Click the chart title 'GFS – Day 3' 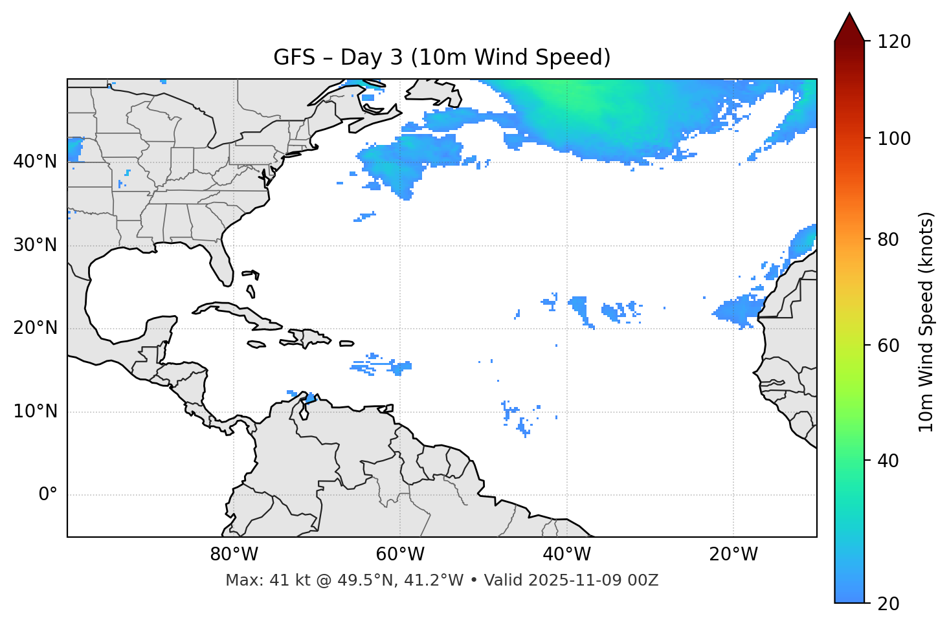pyautogui.click(x=441, y=58)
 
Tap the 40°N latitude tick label pyautogui.click(x=35, y=162)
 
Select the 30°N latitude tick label pyautogui.click(x=35, y=245)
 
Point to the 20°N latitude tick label pyautogui.click(x=35, y=328)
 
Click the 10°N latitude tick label pyautogui.click(x=35, y=412)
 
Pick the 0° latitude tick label pyautogui.click(x=47, y=495)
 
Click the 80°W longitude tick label pyautogui.click(x=234, y=555)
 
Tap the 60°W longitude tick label pyautogui.click(x=400, y=555)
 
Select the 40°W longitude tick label pyautogui.click(x=566, y=555)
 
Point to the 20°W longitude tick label pyautogui.click(x=733, y=555)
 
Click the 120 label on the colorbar pyautogui.click(x=893, y=42)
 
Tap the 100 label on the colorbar pyautogui.click(x=893, y=138)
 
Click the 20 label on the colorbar pyautogui.click(x=889, y=604)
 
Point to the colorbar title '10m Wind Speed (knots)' pyautogui.click(x=926, y=322)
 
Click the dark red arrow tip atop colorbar pyautogui.click(x=849, y=26)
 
